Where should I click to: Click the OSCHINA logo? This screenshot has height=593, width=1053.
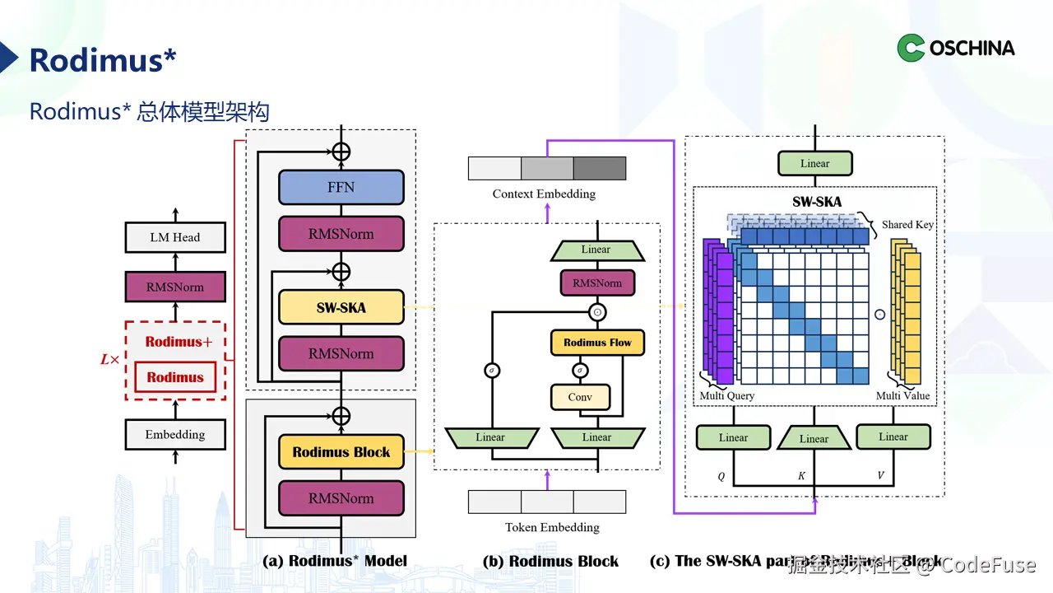point(956,48)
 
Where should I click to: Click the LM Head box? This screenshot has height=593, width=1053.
point(174,237)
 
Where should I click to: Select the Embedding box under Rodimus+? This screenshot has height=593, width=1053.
point(174,435)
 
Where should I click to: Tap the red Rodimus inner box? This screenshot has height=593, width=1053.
point(175,377)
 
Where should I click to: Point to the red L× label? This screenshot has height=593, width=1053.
point(109,360)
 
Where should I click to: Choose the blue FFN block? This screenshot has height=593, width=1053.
point(341,187)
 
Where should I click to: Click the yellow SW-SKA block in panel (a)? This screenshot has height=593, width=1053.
point(341,308)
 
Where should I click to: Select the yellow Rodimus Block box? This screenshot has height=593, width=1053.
point(341,452)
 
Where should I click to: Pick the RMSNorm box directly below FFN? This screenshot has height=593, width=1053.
point(341,234)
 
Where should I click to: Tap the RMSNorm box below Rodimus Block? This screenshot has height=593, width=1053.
point(341,498)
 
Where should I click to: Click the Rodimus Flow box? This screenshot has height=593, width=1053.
point(597,343)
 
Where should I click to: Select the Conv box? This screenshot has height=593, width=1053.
point(580,397)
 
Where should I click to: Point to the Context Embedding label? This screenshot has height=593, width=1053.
point(544,194)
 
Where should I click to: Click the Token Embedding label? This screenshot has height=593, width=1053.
point(552,527)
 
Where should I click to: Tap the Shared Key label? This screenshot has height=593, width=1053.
point(907,225)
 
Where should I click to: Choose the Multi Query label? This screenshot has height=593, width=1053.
point(727,396)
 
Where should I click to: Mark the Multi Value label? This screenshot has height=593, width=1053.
point(902,396)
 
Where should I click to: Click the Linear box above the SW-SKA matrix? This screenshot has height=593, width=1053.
point(814,163)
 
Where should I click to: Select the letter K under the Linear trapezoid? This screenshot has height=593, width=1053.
point(802,477)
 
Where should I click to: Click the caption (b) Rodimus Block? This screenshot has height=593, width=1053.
point(550,562)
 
